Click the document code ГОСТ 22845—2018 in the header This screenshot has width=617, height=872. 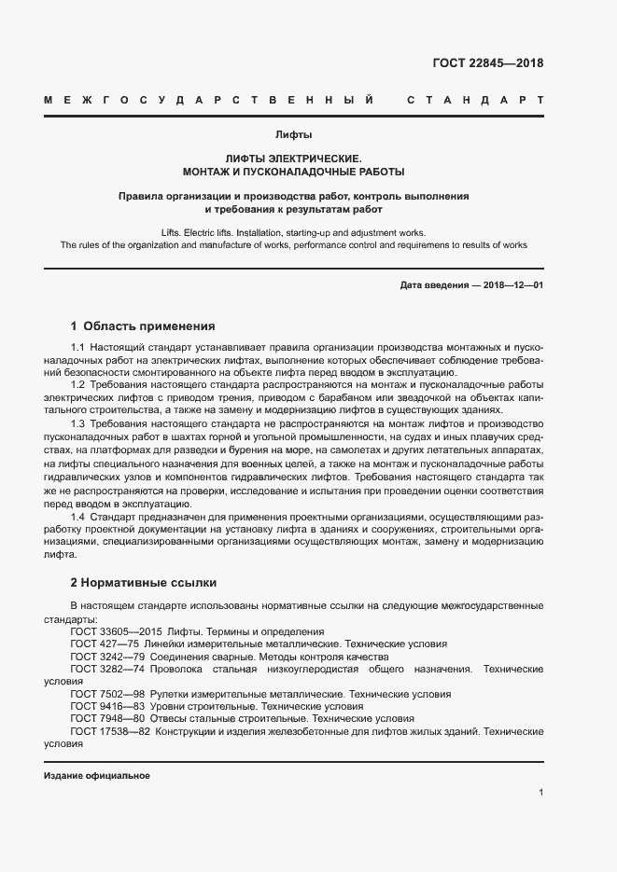point(487,63)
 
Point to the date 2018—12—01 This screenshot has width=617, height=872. point(512,284)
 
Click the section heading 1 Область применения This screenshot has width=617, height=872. point(143,326)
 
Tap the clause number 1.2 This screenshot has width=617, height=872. point(78,384)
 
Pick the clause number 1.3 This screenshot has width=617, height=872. point(78,423)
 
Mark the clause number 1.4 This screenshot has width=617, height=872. point(78,516)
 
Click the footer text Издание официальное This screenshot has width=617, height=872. point(97,776)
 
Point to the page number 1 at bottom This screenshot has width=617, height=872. point(540,793)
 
